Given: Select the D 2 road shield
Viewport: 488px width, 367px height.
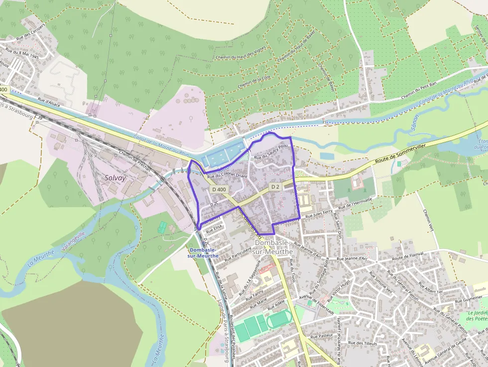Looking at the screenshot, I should (x=275, y=186).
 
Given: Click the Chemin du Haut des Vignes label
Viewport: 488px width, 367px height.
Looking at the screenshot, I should (x=240, y=57).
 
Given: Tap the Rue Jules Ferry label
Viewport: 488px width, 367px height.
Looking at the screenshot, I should (x=319, y=215).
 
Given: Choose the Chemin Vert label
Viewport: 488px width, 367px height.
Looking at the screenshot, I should (x=428, y=221).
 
